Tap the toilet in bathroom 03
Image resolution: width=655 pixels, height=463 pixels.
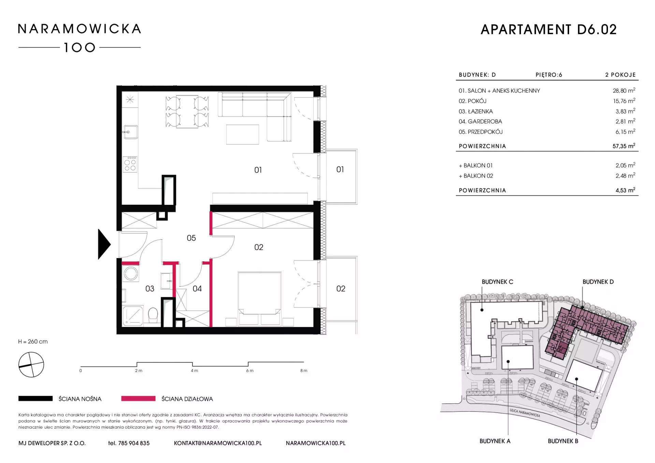pos(153,315)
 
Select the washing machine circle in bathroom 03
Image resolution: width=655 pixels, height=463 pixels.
pos(131,273)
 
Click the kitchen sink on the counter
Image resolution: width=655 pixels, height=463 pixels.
pos(131,132)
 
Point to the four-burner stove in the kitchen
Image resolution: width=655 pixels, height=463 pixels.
pos(130,164)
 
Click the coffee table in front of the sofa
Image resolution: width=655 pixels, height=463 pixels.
pos(243,134)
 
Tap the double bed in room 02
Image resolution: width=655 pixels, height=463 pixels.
pos(260,298)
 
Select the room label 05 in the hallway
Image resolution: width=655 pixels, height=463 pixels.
pos(191,238)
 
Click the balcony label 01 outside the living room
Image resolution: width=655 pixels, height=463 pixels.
pos(340,169)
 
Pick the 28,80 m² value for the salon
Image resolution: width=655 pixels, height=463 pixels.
pos(624,91)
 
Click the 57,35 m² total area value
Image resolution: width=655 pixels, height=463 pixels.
pos(624,146)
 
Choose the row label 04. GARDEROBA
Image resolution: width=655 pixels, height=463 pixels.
pos(480,121)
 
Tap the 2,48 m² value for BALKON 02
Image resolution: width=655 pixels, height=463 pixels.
pos(625,176)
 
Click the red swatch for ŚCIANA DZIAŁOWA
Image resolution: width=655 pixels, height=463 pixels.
pos(138,399)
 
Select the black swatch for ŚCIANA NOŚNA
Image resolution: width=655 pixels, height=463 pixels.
pos(35,399)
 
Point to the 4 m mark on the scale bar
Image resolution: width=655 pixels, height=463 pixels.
pos(194,371)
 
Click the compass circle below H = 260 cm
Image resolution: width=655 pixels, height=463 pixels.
pos(31,365)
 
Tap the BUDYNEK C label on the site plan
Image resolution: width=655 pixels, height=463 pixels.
pos(497,282)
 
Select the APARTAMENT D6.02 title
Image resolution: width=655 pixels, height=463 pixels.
pos(549,30)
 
